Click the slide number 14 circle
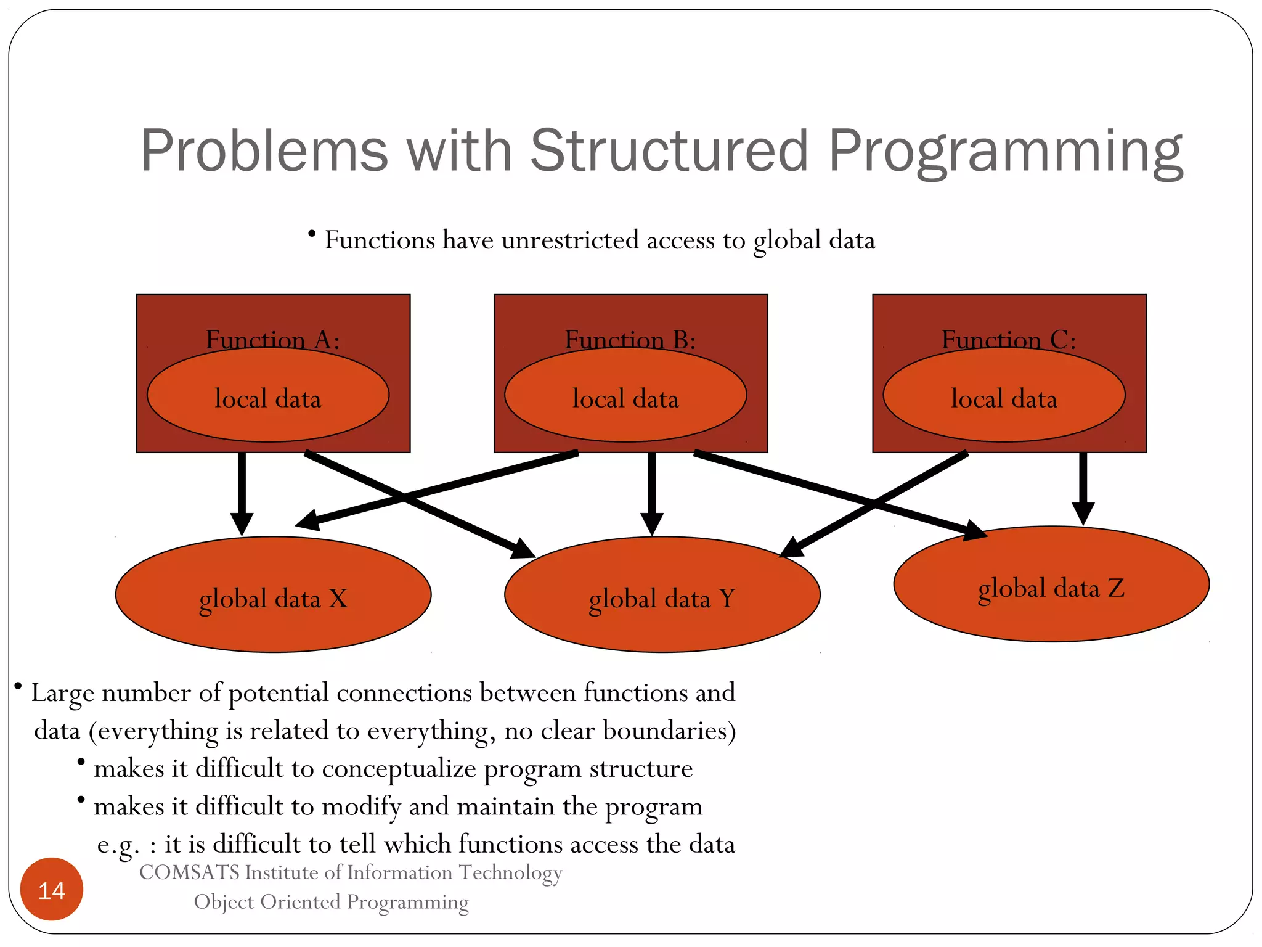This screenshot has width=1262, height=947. (52, 890)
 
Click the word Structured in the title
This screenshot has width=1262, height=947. (669, 150)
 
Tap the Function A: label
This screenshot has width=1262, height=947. (272, 339)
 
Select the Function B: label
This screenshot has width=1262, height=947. (630, 340)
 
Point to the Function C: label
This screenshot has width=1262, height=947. (1009, 340)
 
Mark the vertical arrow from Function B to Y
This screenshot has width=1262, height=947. (652, 490)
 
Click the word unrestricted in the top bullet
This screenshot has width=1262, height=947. (570, 240)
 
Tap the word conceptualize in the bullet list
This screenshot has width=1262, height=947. (399, 768)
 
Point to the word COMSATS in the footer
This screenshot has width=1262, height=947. (189, 872)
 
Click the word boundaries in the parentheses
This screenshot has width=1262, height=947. (669, 731)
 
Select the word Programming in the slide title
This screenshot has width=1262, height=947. (1005, 150)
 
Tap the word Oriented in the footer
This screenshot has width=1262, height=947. (302, 901)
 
